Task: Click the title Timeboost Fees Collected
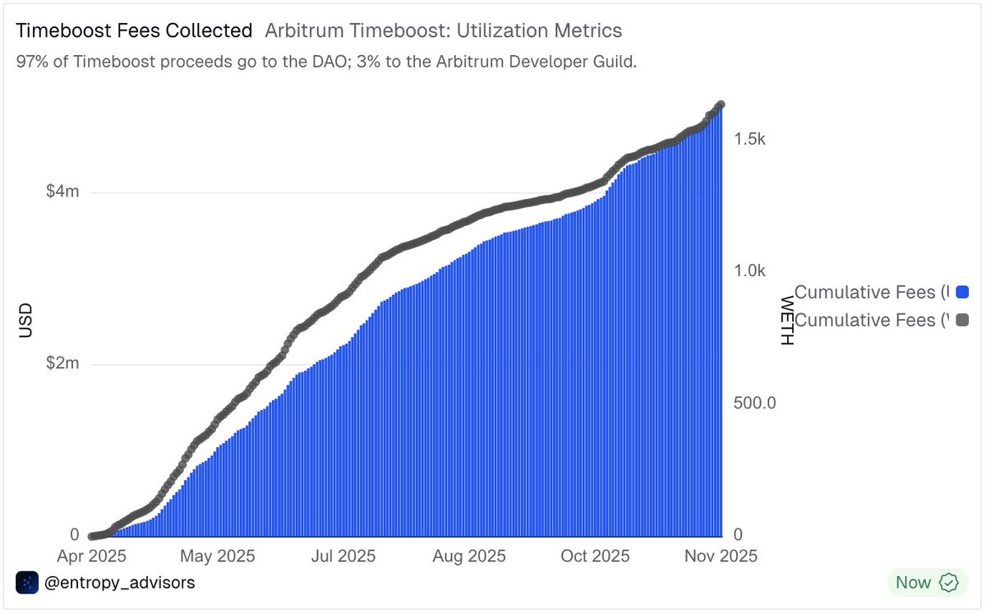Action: click(x=134, y=31)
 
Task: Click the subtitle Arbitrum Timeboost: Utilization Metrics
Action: click(x=443, y=31)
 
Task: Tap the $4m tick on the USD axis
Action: click(x=62, y=192)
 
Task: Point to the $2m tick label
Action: click(x=62, y=364)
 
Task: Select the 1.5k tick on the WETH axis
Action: click(x=749, y=140)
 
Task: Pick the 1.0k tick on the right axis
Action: click(x=749, y=271)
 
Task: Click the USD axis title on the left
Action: click(x=26, y=321)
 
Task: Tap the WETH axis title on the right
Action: click(x=786, y=321)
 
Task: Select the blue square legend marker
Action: click(x=963, y=292)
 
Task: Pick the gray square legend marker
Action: click(x=963, y=320)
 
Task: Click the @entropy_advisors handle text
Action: click(x=119, y=583)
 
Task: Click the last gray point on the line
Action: click(x=721, y=104)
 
